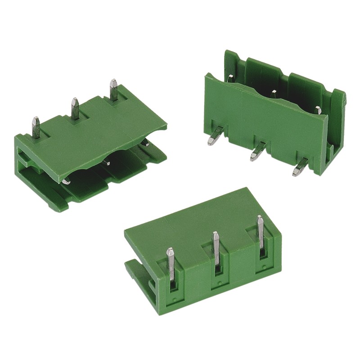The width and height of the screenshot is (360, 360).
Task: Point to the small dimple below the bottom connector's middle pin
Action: pos(219,284)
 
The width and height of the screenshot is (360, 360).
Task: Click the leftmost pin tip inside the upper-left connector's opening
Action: pos(66,181)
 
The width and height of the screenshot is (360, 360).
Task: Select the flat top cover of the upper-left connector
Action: pos(99,135)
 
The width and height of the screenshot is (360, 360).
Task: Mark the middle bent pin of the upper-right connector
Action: pos(257,152)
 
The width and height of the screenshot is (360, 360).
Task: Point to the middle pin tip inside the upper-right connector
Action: pos(274,92)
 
